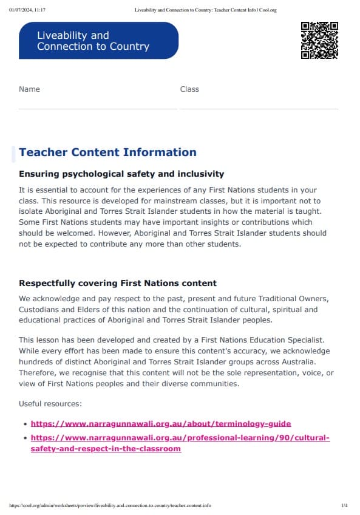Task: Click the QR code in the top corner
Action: [x=319, y=40]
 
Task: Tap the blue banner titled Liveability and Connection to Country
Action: [x=98, y=41]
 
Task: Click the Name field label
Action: [x=29, y=89]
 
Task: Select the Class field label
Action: [x=189, y=89]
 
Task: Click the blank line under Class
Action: [x=259, y=108]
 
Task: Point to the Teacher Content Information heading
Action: [x=107, y=152]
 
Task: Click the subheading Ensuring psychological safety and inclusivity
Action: [x=121, y=174]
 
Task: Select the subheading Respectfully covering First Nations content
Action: [x=118, y=283]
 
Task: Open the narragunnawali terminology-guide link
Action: [x=161, y=423]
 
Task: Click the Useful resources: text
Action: [x=50, y=404]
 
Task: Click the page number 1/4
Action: [x=344, y=505]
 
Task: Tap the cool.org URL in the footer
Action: [x=110, y=505]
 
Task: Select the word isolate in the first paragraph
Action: [x=32, y=211]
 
